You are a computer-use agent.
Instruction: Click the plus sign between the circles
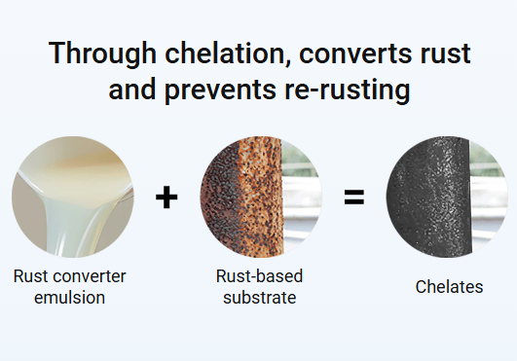166,198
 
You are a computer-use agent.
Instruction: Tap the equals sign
354,197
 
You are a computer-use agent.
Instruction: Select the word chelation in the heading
227,54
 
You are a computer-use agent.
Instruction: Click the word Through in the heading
102,54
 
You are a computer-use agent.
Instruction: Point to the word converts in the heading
355,54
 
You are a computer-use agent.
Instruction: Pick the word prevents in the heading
221,90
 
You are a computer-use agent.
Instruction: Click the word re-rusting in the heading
348,90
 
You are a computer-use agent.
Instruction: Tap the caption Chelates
449,286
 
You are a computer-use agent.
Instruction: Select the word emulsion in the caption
69,298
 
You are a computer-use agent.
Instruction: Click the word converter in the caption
90,276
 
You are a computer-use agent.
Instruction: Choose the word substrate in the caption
260,298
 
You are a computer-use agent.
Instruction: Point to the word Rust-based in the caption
259,275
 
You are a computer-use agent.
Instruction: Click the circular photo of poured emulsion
73,197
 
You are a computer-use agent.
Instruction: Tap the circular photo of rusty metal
261,197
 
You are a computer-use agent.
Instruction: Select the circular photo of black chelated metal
447,197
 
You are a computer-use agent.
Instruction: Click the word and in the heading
132,90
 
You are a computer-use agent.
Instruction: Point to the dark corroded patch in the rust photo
219,198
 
